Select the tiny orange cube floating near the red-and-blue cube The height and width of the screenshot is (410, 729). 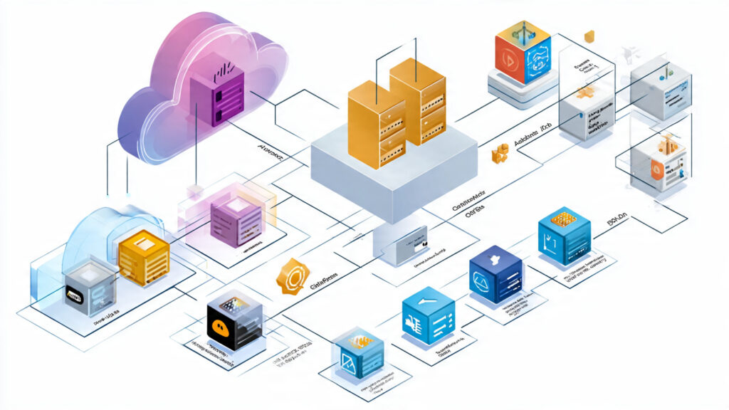(589, 37)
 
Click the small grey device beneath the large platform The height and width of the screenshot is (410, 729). (402, 246)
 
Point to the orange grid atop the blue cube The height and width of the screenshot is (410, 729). (563, 219)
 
